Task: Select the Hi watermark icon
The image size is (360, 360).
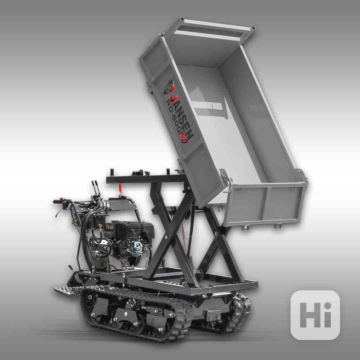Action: (x=315, y=315)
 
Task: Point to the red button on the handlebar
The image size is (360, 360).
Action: (x=61, y=199)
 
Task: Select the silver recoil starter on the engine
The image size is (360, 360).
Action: (x=137, y=246)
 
